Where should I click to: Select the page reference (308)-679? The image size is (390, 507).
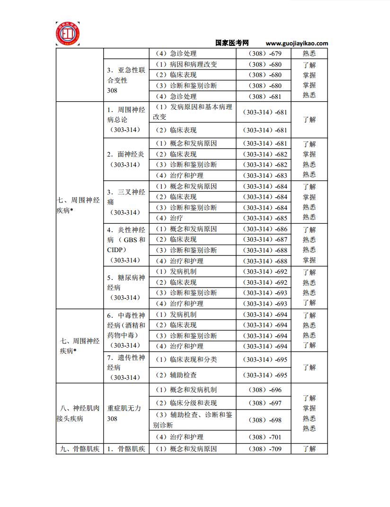(x=265, y=54)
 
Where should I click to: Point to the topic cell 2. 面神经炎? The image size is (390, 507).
(x=125, y=159)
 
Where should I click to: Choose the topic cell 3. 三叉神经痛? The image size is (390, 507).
(x=125, y=202)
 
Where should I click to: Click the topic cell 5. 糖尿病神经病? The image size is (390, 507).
(x=125, y=288)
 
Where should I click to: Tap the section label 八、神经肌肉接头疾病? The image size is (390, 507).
(x=80, y=413)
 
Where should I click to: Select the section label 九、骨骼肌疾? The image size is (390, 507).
(x=80, y=449)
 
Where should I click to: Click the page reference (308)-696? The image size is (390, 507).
(x=265, y=390)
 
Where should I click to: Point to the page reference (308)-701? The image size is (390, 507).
(x=265, y=437)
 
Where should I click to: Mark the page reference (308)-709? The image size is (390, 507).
(x=265, y=449)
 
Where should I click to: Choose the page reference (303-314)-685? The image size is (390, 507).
(x=265, y=219)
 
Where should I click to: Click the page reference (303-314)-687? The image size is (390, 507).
(x=265, y=240)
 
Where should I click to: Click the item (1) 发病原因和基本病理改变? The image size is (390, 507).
(x=192, y=112)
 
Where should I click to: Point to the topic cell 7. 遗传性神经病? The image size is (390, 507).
(x=125, y=367)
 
